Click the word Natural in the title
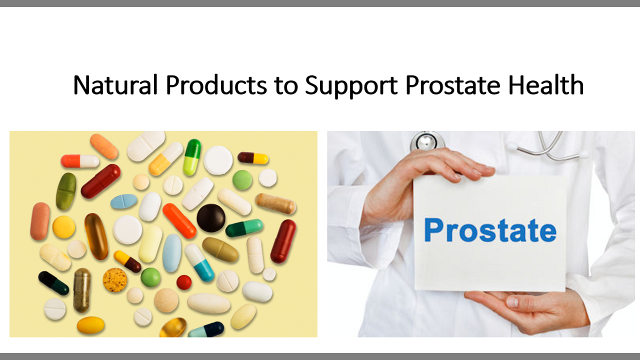coord(115,85)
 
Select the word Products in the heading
coord(216,85)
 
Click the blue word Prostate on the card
coord(490,230)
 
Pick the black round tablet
coord(211,218)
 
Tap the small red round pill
coord(184,282)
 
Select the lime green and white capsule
coord(191,157)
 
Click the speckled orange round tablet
coord(115,280)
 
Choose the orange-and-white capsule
coord(80,161)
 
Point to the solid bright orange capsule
coord(179,220)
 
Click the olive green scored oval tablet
coord(66,191)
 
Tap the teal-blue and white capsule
coord(199,262)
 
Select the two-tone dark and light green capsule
coord(244,228)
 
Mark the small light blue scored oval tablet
coord(123,201)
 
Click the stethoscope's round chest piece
coord(426,142)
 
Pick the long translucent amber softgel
coord(96,236)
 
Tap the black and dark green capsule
coord(53,283)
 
